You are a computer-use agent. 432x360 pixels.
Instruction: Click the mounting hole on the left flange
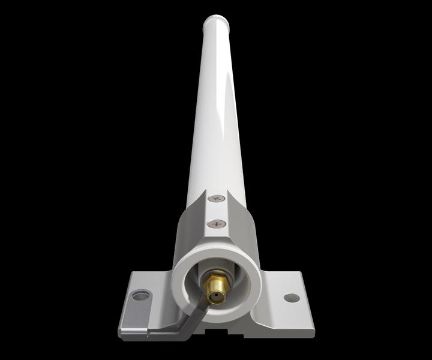pos(141,295)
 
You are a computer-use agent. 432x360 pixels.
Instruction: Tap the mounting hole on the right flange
pos(292,296)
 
